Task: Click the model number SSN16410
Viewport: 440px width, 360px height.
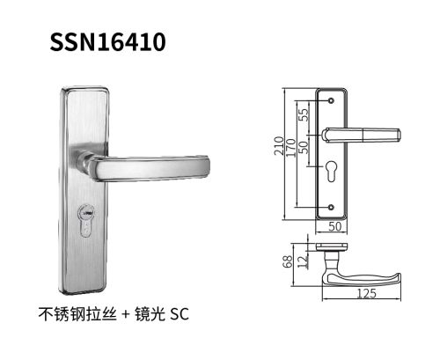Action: pyautogui.click(x=107, y=42)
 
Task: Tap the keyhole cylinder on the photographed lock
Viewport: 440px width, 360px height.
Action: pyautogui.click(x=87, y=220)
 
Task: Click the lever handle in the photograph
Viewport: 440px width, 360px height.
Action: pyautogui.click(x=143, y=166)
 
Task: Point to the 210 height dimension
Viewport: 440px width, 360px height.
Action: pyautogui.click(x=279, y=146)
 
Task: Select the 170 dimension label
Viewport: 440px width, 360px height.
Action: pyautogui.click(x=290, y=148)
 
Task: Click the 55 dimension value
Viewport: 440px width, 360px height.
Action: pyautogui.click(x=304, y=114)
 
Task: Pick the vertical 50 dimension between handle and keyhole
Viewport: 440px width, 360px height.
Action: pyautogui.click(x=304, y=147)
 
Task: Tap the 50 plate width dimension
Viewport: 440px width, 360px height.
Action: pyautogui.click(x=335, y=226)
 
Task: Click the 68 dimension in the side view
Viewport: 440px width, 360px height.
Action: pyautogui.click(x=288, y=261)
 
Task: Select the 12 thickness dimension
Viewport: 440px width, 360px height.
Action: pyautogui.click(x=303, y=261)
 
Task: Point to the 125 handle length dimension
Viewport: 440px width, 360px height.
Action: pyautogui.click(x=367, y=293)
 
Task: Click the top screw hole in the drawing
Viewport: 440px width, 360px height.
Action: pyautogui.click(x=331, y=100)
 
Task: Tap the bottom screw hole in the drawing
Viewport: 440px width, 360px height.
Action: pyautogui.click(x=331, y=207)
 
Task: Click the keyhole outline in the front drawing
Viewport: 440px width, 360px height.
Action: pyautogui.click(x=331, y=171)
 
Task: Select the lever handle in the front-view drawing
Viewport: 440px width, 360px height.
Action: pyautogui.click(x=362, y=135)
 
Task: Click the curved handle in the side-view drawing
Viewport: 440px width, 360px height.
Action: pyautogui.click(x=361, y=279)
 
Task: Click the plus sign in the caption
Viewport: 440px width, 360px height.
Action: pyautogui.click(x=126, y=314)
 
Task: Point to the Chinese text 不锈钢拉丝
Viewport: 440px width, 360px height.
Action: pyautogui.click(x=77, y=314)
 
